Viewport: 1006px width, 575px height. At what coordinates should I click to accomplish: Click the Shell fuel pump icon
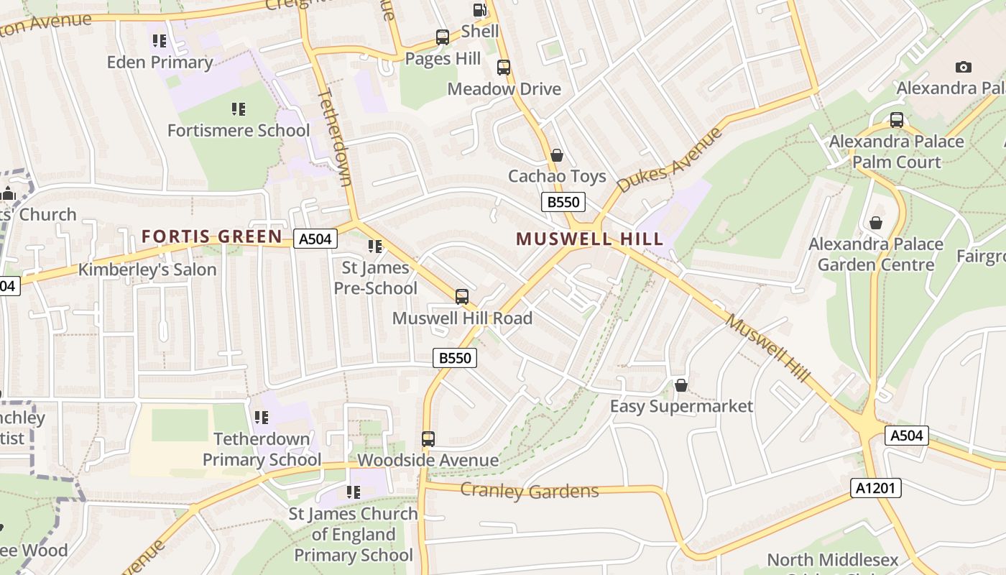[479, 10]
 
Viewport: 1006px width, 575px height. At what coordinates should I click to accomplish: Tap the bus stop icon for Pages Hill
[443, 37]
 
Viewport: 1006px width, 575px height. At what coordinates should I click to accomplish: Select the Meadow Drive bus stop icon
[504, 68]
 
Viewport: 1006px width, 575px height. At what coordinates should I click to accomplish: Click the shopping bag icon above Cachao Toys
[556, 155]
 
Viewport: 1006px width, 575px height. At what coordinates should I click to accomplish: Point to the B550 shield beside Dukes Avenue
[563, 202]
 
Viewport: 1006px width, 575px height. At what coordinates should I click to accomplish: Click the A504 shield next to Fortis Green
[315, 239]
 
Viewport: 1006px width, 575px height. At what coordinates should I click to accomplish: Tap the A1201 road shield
[876, 488]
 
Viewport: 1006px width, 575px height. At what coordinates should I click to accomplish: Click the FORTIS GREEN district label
[212, 236]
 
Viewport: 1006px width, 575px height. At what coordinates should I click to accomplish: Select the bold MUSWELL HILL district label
[589, 239]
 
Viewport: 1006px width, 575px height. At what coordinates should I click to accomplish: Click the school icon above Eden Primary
[160, 41]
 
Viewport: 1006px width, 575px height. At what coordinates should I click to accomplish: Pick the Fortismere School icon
[239, 109]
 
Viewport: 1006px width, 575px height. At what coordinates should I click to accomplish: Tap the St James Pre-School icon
[375, 247]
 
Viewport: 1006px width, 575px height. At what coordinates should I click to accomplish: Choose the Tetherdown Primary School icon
[262, 417]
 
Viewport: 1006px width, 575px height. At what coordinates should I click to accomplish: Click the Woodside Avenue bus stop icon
[428, 438]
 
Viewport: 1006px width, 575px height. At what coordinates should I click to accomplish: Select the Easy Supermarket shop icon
[681, 385]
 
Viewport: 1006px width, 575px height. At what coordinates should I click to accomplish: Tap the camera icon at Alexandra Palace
[963, 67]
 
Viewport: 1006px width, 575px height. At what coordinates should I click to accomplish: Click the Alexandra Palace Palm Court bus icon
[897, 120]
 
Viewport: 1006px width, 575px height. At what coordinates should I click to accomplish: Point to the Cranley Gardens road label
[529, 491]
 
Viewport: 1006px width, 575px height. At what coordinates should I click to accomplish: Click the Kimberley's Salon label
[147, 270]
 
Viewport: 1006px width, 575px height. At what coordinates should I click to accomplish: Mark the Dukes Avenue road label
[669, 160]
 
